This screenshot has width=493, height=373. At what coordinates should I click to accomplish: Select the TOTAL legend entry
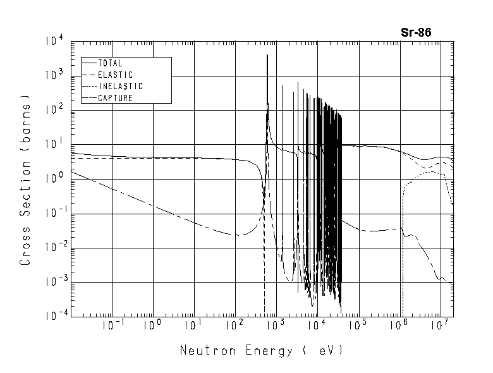coord(110,63)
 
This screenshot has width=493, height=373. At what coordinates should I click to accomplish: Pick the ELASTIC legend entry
coord(115,75)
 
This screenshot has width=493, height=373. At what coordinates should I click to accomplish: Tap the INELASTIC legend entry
coord(120,86)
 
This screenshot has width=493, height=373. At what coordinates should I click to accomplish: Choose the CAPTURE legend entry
coord(114,97)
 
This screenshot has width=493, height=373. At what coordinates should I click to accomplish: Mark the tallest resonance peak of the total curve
coord(267,56)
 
